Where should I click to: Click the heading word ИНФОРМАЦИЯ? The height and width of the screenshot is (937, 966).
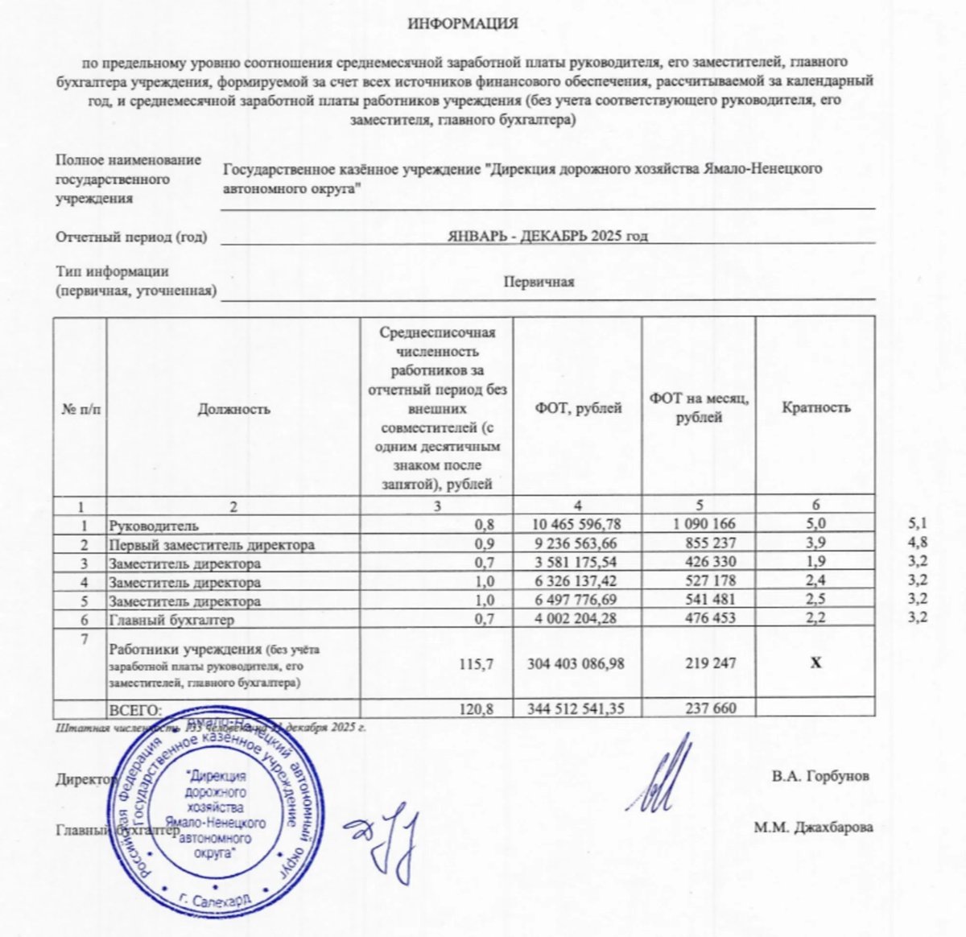463,24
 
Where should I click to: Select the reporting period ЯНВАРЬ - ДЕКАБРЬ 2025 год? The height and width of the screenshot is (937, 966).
547,236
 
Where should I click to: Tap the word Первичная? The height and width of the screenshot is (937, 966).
539,282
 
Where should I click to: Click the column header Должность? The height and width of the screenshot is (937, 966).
233,408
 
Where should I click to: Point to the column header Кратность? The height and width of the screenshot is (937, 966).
815,407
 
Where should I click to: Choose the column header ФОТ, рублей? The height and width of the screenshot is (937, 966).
578,407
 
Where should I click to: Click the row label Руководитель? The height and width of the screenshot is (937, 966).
153,526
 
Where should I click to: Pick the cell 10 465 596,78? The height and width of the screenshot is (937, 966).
576,525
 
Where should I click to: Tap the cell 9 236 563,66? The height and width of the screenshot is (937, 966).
576,544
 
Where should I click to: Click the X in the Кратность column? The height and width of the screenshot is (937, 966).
815,663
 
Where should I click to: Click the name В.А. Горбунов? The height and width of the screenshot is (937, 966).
819,777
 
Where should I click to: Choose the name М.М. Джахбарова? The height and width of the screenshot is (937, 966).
813,827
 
